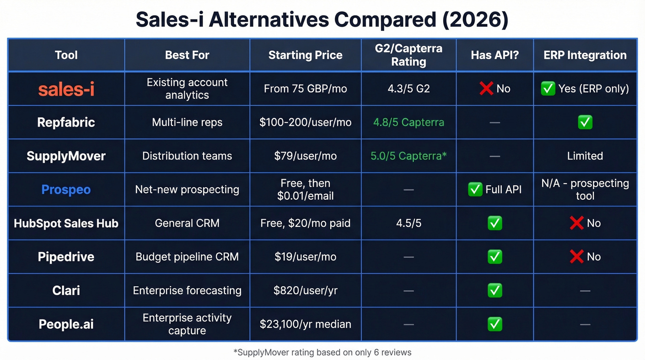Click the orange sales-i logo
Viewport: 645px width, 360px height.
click(66, 89)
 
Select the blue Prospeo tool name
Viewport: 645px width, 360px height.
click(66, 189)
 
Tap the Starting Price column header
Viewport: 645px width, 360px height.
click(305, 55)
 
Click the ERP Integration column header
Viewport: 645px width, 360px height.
click(585, 55)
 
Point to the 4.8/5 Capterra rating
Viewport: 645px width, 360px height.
click(408, 122)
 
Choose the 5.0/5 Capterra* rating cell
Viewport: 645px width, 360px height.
click(408, 156)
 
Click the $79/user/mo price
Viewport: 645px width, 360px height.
click(305, 156)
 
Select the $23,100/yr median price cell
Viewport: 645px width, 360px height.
click(305, 324)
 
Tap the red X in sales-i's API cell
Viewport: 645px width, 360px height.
click(486, 89)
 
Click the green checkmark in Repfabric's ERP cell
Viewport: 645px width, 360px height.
click(585, 122)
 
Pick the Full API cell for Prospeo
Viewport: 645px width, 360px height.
click(495, 189)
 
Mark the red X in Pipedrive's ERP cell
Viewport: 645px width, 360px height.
click(576, 257)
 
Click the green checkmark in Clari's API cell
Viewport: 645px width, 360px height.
click(495, 290)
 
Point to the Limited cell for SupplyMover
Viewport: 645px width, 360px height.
click(585, 156)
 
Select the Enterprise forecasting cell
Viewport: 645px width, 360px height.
click(187, 290)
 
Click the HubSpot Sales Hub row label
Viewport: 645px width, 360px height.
click(66, 223)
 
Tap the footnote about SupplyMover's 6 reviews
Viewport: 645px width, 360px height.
click(322, 352)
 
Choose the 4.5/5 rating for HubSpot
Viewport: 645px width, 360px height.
click(408, 223)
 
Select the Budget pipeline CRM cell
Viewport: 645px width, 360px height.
click(187, 257)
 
